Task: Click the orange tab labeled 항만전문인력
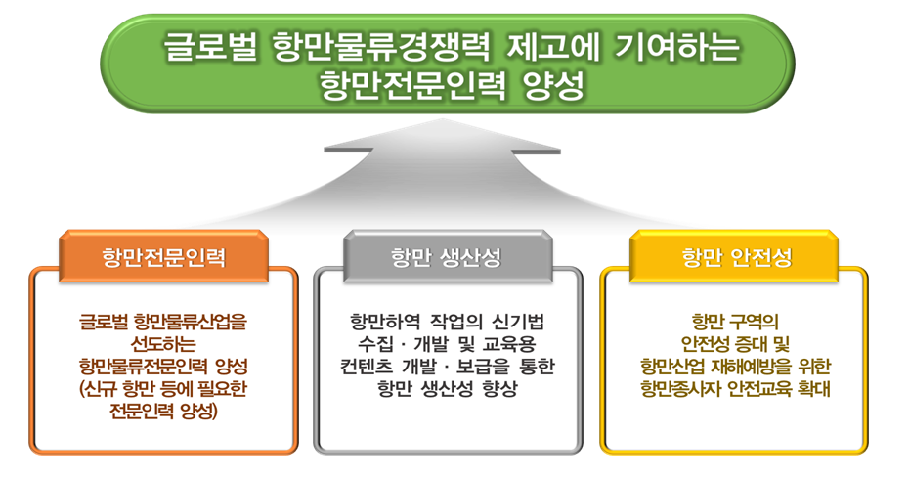point(163,256)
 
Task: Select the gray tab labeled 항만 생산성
point(447,256)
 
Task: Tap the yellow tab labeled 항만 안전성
point(734,256)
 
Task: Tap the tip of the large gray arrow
point(443,119)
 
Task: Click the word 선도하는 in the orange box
point(163,344)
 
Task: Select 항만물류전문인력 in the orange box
point(144,367)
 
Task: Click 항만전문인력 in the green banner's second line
point(413,86)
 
